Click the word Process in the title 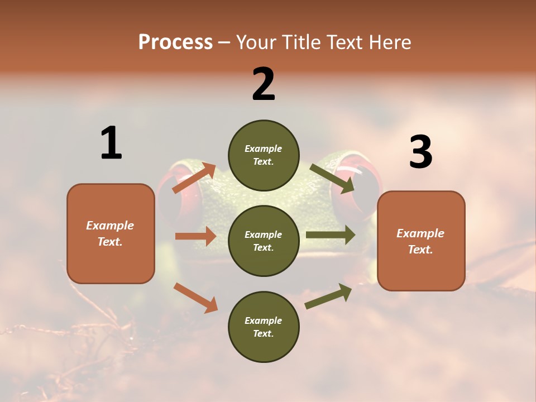click(175, 42)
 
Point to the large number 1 click(111, 143)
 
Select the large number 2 click(264, 85)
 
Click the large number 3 click(420, 153)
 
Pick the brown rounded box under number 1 click(111, 233)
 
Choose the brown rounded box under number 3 click(421, 241)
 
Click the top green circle click(264, 155)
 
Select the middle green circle click(264, 241)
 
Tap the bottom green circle click(264, 327)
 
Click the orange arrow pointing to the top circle click(194, 178)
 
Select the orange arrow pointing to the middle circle click(195, 236)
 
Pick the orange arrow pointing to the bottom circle click(195, 297)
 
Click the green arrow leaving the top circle click(332, 178)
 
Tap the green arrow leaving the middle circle click(331, 235)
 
